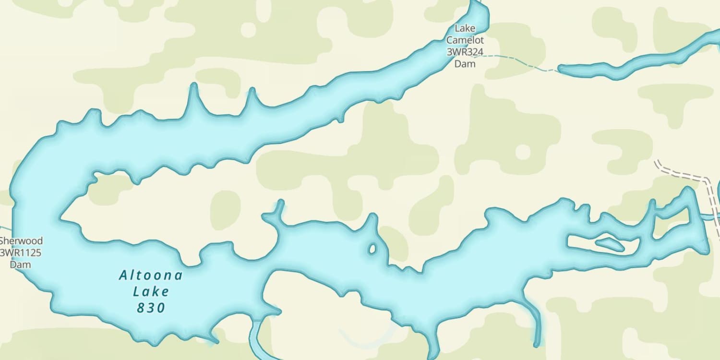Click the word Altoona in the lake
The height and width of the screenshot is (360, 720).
tap(151, 275)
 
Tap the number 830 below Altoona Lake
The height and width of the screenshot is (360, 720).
tap(151, 307)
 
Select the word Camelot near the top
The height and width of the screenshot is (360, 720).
tap(465, 40)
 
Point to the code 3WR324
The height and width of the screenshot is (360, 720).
tap(465, 52)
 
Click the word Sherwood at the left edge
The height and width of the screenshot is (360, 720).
tap(21, 241)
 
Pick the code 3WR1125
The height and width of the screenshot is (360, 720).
tap(21, 252)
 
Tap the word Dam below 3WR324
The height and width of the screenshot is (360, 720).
tap(465, 63)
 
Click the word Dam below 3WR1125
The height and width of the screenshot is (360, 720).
tap(21, 264)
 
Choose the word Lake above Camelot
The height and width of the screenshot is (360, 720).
tap(465, 29)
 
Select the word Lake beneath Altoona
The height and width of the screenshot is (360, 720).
tap(151, 291)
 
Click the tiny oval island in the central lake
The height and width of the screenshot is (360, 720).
tap(372, 249)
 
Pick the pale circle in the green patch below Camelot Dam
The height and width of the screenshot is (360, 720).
tap(523, 152)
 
